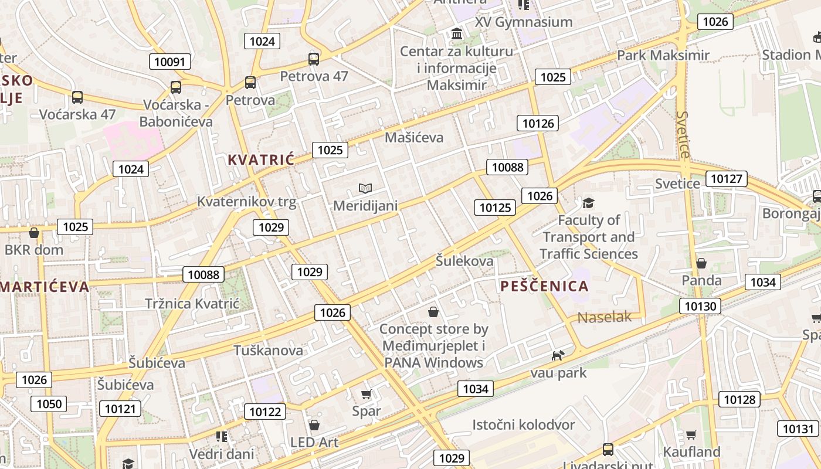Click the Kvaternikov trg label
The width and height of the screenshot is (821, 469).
point(246,202)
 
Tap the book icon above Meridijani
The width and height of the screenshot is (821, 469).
point(365,188)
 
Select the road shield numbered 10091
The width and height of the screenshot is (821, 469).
point(170,62)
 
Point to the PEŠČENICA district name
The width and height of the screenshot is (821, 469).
point(544,286)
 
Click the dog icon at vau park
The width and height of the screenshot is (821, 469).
point(558,355)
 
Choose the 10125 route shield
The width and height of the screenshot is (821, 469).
point(495,207)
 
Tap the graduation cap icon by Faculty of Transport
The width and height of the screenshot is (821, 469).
point(588,203)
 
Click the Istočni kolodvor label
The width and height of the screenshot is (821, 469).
point(524,424)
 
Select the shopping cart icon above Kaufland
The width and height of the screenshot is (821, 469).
point(691,434)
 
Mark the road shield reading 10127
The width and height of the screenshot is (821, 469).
point(727,179)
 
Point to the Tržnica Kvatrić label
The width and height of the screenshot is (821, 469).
point(192,304)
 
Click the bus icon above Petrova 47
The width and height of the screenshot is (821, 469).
point(314,59)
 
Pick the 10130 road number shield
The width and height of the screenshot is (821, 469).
point(700,305)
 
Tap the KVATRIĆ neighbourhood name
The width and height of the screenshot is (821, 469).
point(260,159)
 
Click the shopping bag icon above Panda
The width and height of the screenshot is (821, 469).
point(701,263)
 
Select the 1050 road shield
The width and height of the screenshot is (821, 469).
point(49,403)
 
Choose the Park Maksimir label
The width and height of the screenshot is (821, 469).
point(663,55)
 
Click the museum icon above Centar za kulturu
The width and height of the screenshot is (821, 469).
point(457,34)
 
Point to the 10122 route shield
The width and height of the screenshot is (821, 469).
point(265,412)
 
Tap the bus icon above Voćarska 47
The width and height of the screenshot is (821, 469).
point(77,97)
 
